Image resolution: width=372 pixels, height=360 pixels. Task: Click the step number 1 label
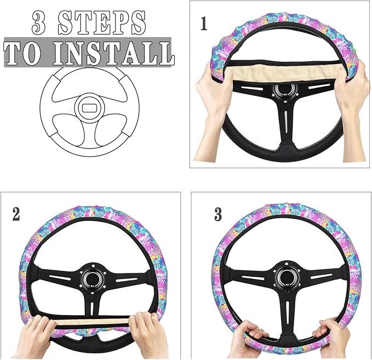point(204,25)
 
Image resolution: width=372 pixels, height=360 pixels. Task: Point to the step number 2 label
point(16,214)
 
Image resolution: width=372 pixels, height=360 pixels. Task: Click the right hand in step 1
point(351,88)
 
